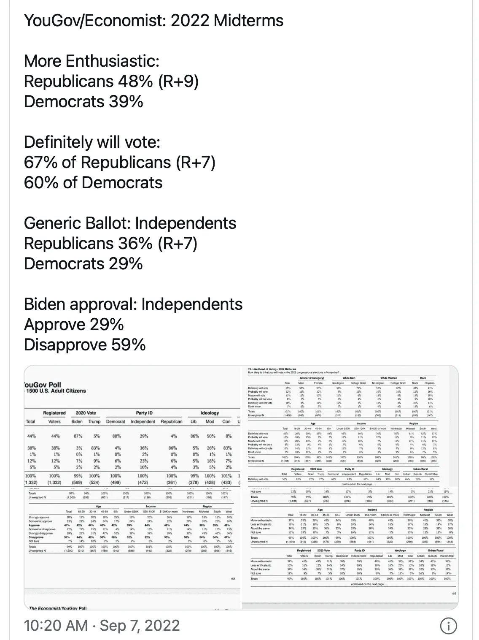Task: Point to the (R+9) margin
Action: point(178,81)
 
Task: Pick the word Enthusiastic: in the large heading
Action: point(113,61)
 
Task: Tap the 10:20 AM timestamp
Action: point(56,625)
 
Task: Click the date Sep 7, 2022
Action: point(140,625)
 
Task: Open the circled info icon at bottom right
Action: point(448,626)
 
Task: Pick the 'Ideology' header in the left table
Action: point(210,413)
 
